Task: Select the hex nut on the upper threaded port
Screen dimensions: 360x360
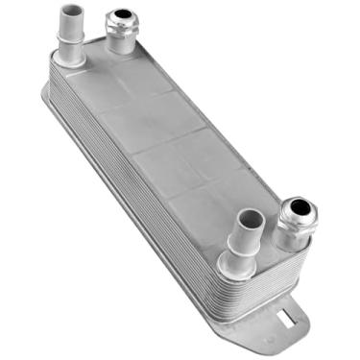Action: click(x=121, y=28)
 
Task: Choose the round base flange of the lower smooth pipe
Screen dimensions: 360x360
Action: click(x=238, y=263)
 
